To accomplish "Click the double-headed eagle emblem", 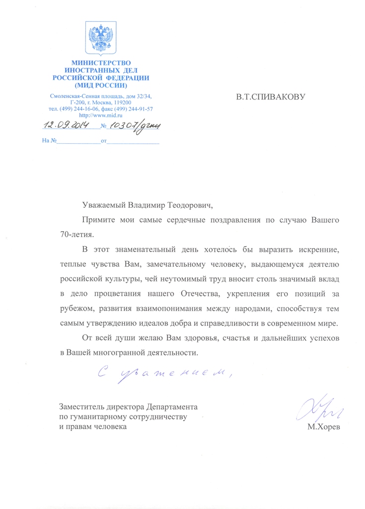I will tap(101, 38).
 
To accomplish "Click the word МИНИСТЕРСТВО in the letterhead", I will tap(101, 63).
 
